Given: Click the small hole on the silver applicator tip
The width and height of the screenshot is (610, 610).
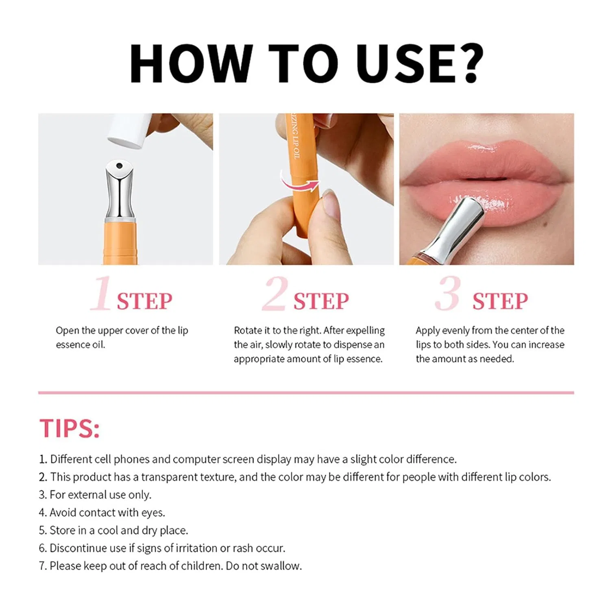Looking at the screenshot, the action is pyautogui.click(x=119, y=166).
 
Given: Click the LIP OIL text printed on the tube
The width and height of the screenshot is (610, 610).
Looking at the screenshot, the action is pyautogui.click(x=296, y=145).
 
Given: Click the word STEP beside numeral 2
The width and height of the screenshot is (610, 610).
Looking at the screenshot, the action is pyautogui.click(x=321, y=301).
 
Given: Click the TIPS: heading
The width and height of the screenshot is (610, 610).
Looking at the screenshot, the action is pyautogui.click(x=70, y=428).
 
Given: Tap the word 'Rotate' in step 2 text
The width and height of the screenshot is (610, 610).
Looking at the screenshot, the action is pyautogui.click(x=248, y=330).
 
